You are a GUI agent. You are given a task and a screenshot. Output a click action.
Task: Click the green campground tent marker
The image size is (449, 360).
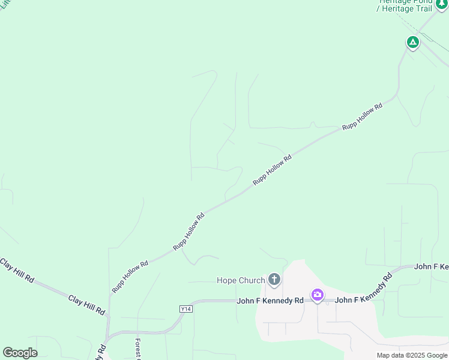point(412,42)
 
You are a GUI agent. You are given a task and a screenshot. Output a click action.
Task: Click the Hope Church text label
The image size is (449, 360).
point(241,280)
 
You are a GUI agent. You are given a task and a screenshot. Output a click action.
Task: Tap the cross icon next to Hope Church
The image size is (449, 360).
point(274,279)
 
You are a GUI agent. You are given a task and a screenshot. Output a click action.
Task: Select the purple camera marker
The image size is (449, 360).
point(317,295)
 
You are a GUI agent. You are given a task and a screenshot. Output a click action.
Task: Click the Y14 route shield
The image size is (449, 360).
point(185,308)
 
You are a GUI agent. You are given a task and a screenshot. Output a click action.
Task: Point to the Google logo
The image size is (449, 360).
point(20,353)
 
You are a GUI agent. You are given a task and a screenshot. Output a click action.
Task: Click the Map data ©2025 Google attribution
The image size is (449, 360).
point(412,355)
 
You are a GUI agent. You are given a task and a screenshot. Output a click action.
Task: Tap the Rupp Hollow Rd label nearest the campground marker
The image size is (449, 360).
point(362,117)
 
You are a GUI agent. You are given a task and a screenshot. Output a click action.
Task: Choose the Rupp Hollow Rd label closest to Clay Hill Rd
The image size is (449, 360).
point(130,277)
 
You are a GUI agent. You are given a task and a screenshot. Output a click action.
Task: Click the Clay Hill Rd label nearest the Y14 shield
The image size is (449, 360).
point(86,305)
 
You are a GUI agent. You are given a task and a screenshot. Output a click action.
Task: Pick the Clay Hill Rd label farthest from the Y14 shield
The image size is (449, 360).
point(17,271)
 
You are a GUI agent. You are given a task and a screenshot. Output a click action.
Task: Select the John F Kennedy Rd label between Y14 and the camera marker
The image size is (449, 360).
point(270,301)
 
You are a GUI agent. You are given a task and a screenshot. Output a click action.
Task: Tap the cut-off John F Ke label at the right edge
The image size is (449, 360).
point(432,266)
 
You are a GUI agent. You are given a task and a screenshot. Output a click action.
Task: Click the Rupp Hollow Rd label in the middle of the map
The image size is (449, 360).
point(272,169)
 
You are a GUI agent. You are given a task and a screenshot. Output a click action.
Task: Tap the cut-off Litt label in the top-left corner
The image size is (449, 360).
point(5,4)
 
